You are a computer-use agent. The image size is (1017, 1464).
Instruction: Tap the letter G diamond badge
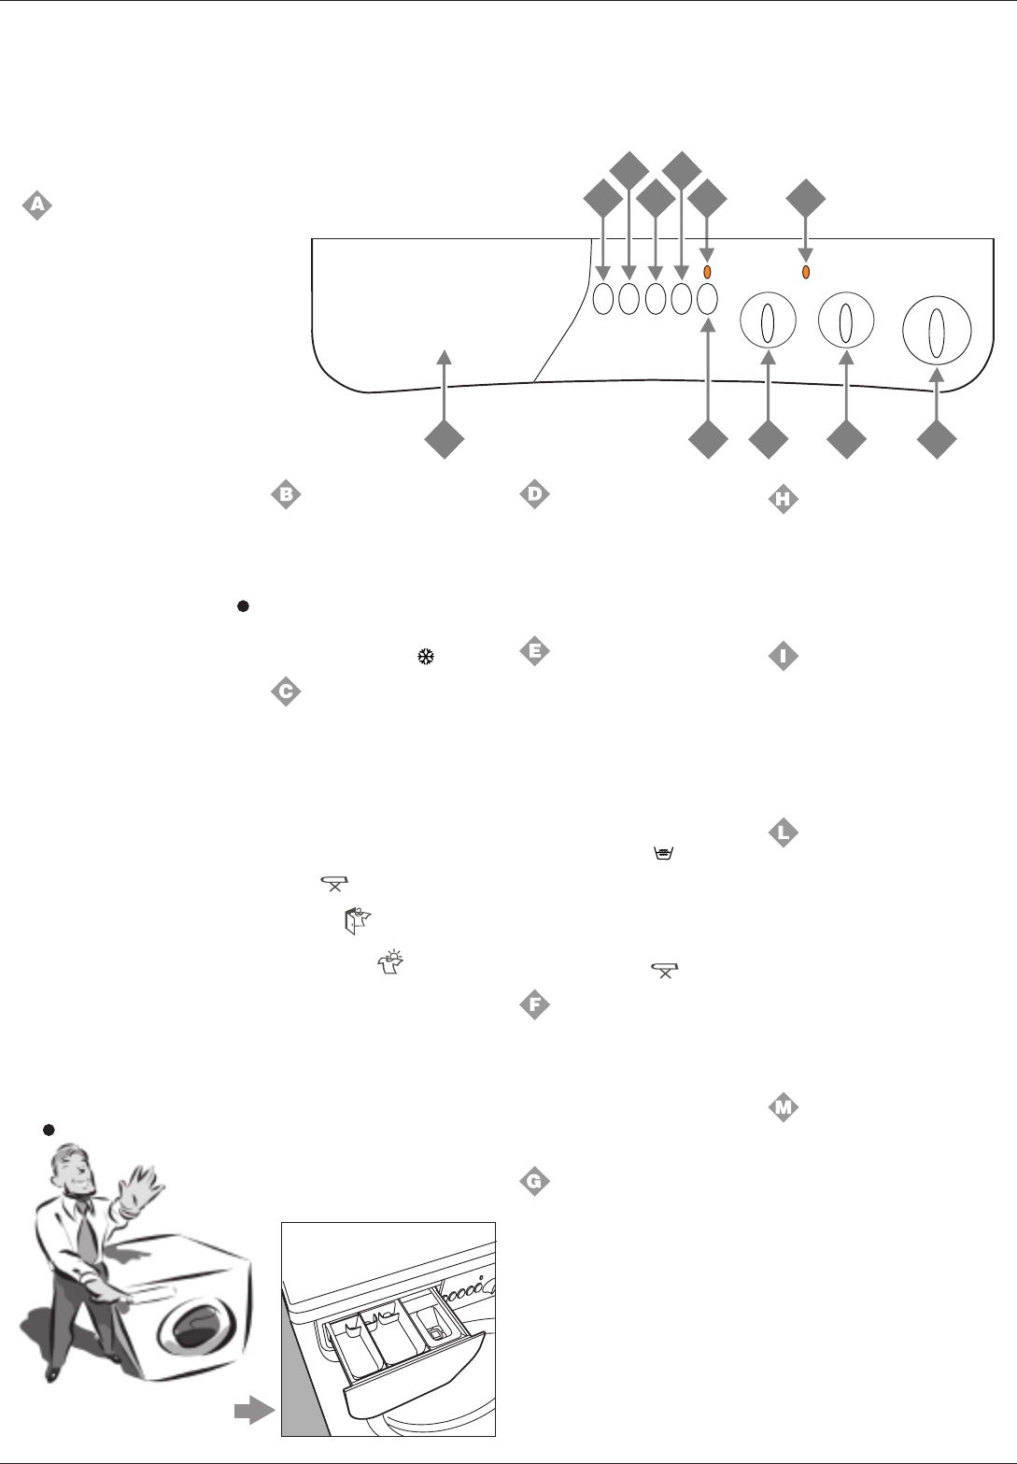tap(534, 1181)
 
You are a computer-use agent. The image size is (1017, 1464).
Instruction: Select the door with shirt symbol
tap(360, 921)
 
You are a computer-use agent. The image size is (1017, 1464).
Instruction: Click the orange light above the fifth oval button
tap(707, 272)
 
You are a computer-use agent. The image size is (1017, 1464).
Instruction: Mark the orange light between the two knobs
tap(806, 272)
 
